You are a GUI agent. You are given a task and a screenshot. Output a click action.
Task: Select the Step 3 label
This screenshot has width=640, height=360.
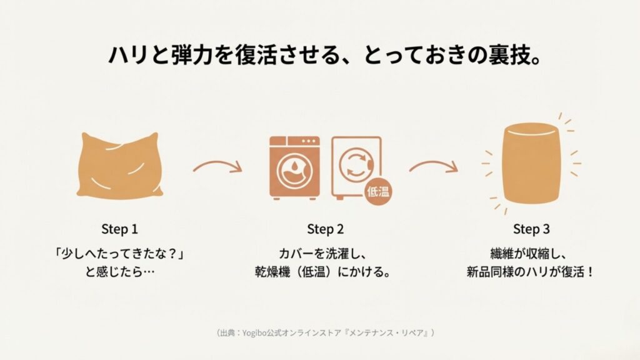[531, 229]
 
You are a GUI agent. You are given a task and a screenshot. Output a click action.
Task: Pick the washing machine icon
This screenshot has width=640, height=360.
[294, 169]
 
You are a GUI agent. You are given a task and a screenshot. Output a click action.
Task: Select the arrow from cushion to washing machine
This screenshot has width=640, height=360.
[217, 167]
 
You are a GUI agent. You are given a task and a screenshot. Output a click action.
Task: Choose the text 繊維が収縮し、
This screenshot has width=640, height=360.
[531, 254]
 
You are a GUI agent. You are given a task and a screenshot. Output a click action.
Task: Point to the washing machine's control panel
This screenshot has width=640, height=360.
[294, 143]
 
